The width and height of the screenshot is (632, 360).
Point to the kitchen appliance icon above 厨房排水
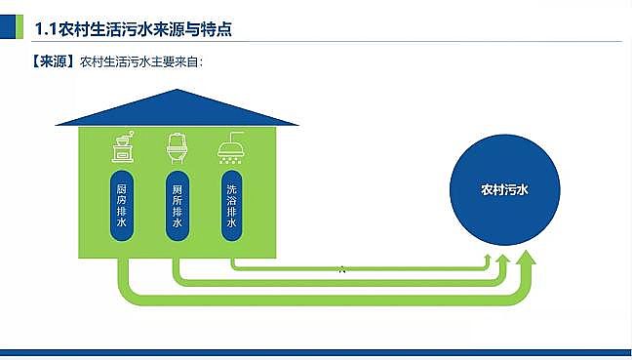pos(122,148)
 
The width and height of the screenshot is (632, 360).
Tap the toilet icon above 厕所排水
pos(177,148)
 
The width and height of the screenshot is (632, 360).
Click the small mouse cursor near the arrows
pos(341,269)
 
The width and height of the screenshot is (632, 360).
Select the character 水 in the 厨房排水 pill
pos(122,222)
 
